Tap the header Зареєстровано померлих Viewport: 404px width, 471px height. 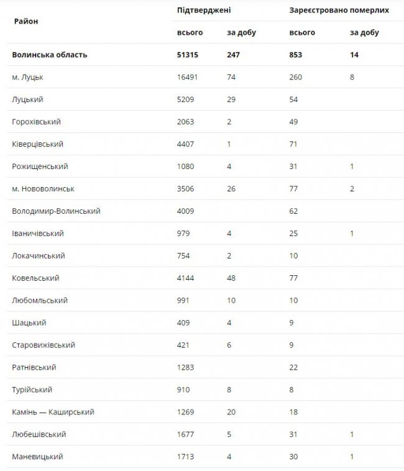tap(339, 11)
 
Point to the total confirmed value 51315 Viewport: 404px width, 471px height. tap(189, 55)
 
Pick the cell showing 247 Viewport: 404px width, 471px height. tap(233, 55)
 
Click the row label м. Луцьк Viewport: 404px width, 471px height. tap(27, 77)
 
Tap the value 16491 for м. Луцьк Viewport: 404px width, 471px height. tap(189, 77)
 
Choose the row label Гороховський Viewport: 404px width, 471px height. tap(36, 122)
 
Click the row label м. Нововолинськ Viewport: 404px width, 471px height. tap(43, 189)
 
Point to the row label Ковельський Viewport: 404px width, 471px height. tap(35, 278)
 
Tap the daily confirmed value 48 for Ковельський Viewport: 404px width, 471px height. tap(232, 278)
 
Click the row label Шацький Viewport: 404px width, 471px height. tap(29, 323)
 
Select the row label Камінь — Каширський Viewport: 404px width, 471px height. tap(53, 413)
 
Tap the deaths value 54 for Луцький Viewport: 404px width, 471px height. tap(294, 99)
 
